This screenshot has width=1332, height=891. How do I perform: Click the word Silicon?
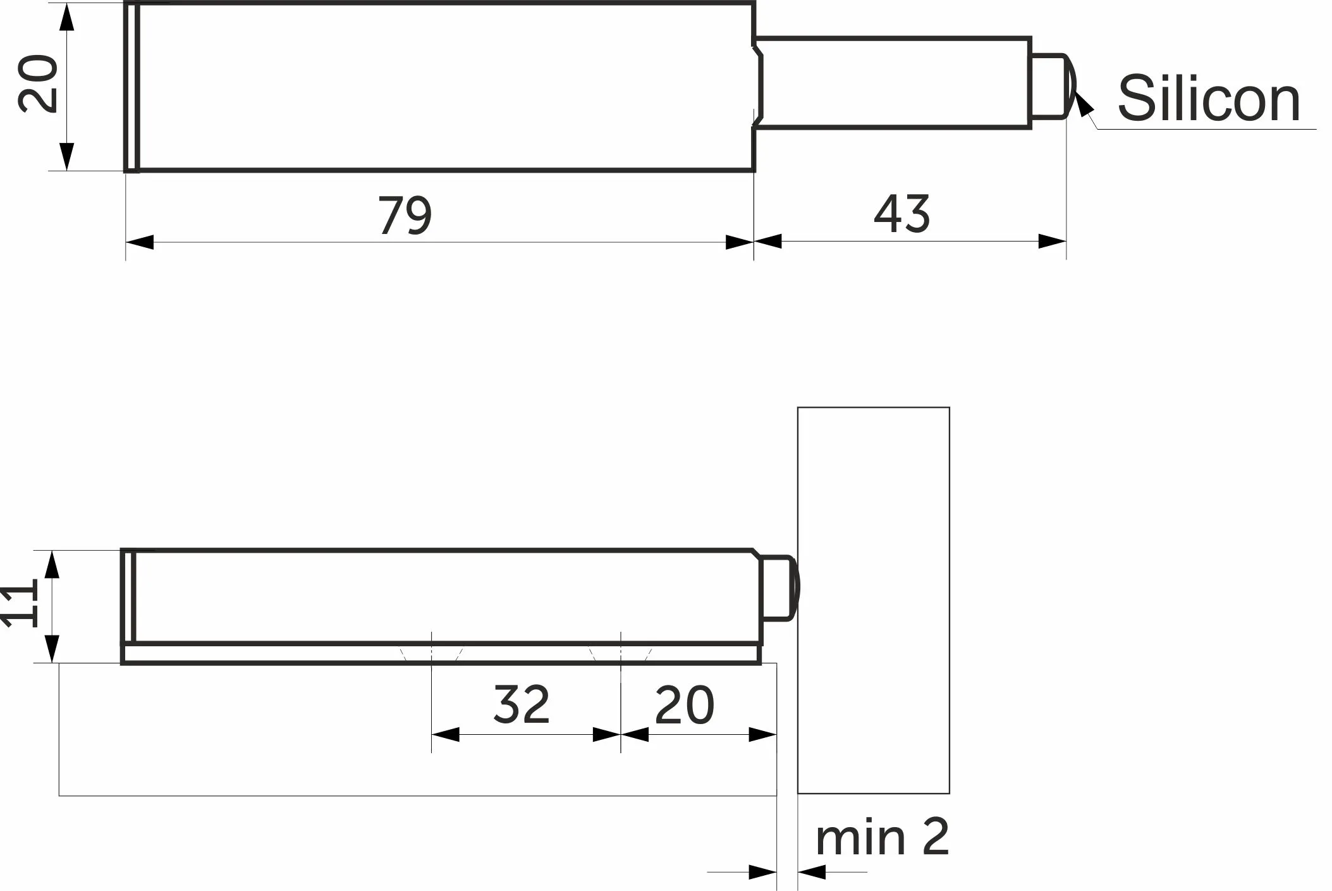click(x=1208, y=98)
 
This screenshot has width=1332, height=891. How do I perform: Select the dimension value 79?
click(x=405, y=215)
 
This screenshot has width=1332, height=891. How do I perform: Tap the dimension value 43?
click(x=901, y=214)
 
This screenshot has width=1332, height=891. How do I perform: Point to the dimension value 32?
click(x=522, y=704)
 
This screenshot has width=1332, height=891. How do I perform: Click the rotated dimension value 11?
click(x=20, y=606)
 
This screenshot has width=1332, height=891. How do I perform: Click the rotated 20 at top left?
click(x=38, y=84)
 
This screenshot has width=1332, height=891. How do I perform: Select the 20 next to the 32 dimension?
click(x=685, y=704)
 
